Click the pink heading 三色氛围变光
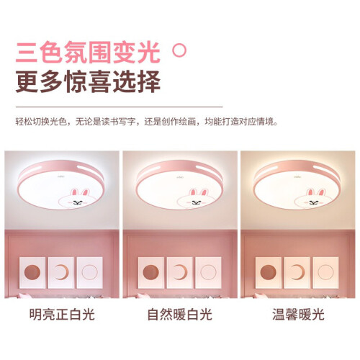click(x=88, y=53)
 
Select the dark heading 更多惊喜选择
click(x=88, y=81)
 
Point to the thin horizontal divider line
click(x=120, y=107)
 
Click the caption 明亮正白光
click(x=62, y=315)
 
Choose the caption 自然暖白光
click(x=180, y=315)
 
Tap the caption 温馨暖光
click(x=298, y=315)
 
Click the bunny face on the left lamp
click(x=78, y=199)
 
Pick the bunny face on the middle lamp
click(x=196, y=199)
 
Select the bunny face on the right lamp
click(x=313, y=199)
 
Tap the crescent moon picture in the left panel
click(x=61, y=273)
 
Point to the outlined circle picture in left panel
click(x=89, y=273)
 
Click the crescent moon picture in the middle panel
click(x=179, y=273)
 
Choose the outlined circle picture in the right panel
click(x=325, y=273)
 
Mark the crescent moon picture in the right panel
click(x=297, y=273)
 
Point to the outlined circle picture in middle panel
click(x=208, y=273)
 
